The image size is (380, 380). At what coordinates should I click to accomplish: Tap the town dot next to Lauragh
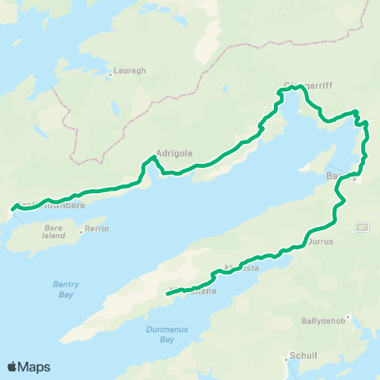(x=110, y=75)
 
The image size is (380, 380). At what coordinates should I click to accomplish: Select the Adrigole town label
(x=174, y=154)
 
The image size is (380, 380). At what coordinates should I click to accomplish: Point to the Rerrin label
(x=98, y=229)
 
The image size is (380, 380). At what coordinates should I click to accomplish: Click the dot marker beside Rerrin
(x=81, y=232)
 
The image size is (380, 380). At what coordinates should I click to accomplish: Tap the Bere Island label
(x=54, y=231)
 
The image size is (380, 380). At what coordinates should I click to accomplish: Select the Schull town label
(x=303, y=355)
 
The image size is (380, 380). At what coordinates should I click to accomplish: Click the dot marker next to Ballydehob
(x=348, y=317)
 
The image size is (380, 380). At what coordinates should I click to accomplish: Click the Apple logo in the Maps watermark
(x=12, y=367)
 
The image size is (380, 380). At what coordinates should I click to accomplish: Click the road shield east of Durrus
(x=362, y=227)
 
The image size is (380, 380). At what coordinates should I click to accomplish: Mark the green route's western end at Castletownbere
(x=11, y=211)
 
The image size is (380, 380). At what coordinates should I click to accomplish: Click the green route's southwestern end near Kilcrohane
(x=168, y=294)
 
